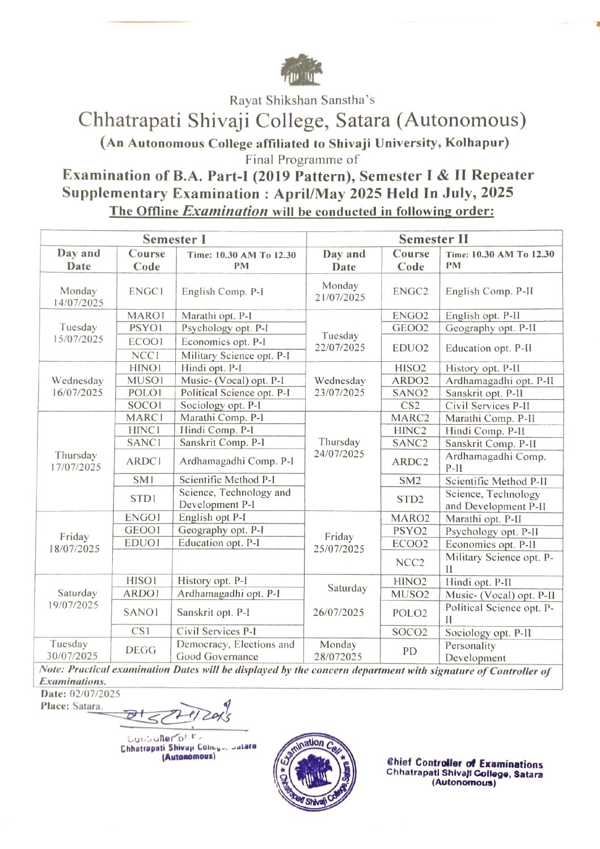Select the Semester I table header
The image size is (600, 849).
[x=174, y=239]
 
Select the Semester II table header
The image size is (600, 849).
[x=433, y=239]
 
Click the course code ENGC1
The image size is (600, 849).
[x=146, y=291]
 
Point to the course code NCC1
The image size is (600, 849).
[x=145, y=356]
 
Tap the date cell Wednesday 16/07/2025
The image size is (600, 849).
[x=78, y=386]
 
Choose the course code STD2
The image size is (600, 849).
[x=410, y=499]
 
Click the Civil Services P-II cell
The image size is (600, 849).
[x=487, y=406]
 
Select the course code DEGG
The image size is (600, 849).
[x=141, y=650]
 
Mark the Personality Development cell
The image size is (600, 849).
[x=475, y=652]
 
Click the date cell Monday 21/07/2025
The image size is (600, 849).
[x=340, y=291]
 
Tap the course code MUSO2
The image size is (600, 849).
[x=410, y=594]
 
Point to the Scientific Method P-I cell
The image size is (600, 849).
[x=227, y=480]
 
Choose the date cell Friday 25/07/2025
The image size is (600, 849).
[x=339, y=543]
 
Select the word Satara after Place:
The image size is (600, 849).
[x=87, y=706]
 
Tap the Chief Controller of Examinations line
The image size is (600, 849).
[x=465, y=764]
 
